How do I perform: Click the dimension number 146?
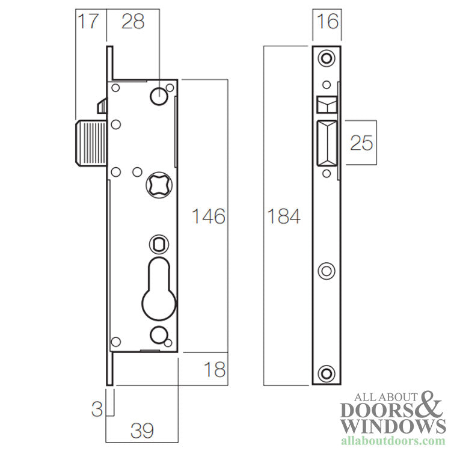208,216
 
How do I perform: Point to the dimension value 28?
133,22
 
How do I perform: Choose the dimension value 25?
361,143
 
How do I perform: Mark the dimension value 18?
214,369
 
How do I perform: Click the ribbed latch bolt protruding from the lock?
91,142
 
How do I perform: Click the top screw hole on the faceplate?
326,58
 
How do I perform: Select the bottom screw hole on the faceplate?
326,373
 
